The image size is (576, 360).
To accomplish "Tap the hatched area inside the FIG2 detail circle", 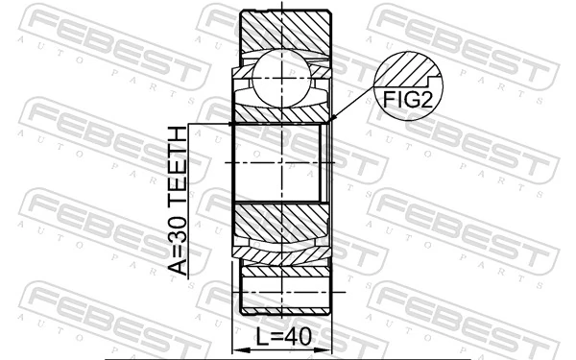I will click(403, 69).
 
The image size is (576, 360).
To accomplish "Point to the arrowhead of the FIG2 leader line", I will click(332, 119).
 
